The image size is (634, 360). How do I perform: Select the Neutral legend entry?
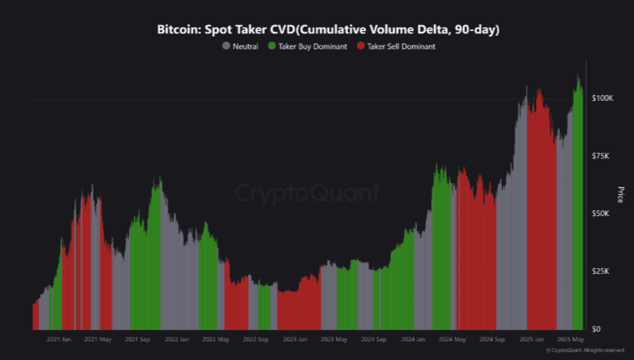click(x=245, y=46)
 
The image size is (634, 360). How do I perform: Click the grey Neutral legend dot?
click(x=226, y=46)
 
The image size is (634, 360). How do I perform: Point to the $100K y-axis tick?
click(x=601, y=98)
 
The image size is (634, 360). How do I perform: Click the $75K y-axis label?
click(x=602, y=155)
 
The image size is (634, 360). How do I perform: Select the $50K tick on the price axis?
click(x=602, y=213)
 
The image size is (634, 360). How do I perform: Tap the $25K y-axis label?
click(x=602, y=271)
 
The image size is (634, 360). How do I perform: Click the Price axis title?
click(x=621, y=195)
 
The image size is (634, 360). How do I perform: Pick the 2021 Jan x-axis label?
click(x=59, y=339)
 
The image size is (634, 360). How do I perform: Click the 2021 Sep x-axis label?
click(x=138, y=339)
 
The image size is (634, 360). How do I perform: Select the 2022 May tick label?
click(x=216, y=339)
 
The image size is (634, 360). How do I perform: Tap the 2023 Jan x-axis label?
click(x=295, y=339)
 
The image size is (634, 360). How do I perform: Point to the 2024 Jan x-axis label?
click(x=414, y=339)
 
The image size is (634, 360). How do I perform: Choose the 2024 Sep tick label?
click(x=493, y=339)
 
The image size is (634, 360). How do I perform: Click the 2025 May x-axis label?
click(x=571, y=339)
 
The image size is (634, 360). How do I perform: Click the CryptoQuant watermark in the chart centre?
click(x=307, y=193)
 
